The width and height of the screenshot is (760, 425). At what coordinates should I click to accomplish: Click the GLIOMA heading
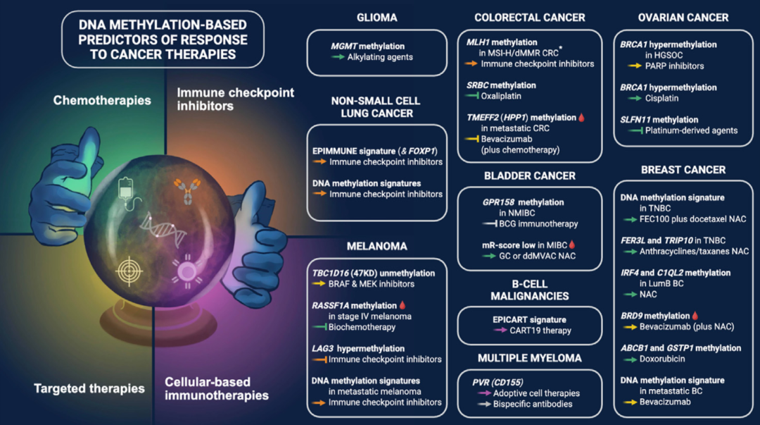[x=376, y=18]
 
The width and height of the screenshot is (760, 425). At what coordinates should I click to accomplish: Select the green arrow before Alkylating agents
[x=338, y=57]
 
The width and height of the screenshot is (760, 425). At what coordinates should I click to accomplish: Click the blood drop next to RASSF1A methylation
[x=403, y=305]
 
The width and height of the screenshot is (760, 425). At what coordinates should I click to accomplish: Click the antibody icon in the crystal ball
[x=188, y=190]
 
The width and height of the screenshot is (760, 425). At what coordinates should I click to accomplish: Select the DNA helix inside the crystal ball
[x=163, y=229]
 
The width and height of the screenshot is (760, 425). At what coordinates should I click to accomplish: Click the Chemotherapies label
[x=102, y=100]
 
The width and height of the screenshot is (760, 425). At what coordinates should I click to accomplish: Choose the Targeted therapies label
[x=89, y=388]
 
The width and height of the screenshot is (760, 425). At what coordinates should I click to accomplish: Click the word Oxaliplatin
[x=501, y=96]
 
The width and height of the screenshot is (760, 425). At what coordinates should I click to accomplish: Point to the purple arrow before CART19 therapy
[x=501, y=331]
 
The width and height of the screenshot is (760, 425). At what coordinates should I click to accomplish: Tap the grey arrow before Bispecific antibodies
[x=484, y=404]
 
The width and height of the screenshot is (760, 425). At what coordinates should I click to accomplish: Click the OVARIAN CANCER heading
[x=683, y=18]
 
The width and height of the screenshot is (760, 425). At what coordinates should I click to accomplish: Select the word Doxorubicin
[x=662, y=359]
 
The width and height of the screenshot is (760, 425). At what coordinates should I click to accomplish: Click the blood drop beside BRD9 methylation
[x=695, y=315]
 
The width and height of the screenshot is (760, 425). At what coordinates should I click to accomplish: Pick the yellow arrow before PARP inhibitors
[x=635, y=66]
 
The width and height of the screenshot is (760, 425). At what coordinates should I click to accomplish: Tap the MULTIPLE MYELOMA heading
[x=529, y=359]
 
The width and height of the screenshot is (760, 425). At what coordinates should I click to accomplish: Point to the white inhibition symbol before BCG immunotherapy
[x=490, y=224]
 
